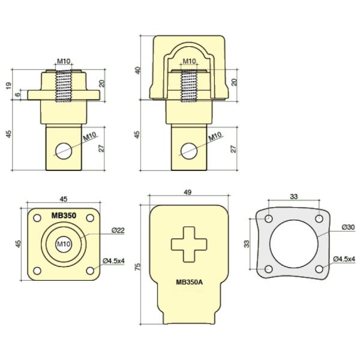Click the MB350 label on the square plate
pyautogui.click(x=64, y=214)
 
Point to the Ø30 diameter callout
pyautogui.click(x=348, y=227)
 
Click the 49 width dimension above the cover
pyautogui.click(x=188, y=193)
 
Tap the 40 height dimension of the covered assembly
pyautogui.click(x=138, y=70)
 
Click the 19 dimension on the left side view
pyautogui.click(x=8, y=85)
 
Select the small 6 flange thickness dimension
pyautogui.click(x=18, y=94)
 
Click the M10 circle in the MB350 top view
pyautogui.click(x=64, y=244)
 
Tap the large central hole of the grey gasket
pyautogui.click(x=293, y=244)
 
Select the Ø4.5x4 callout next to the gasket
pyautogui.click(x=344, y=259)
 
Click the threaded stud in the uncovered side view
pyautogui.click(x=64, y=86)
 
